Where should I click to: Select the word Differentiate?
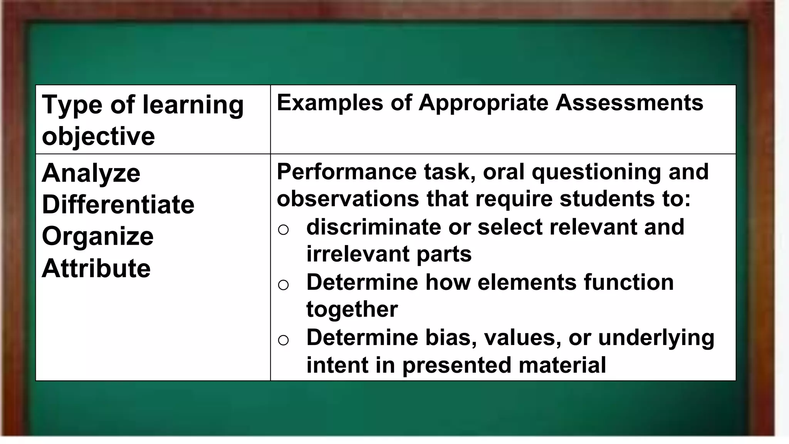click(x=118, y=204)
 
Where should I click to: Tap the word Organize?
click(x=97, y=236)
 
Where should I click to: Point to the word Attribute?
click(x=96, y=268)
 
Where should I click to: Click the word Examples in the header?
click(x=330, y=103)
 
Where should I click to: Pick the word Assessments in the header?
click(x=629, y=103)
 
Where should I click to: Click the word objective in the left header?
click(x=98, y=136)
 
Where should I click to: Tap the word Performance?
click(x=346, y=172)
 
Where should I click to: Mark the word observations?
click(x=347, y=199)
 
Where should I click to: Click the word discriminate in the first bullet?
click(x=373, y=227)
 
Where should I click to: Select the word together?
click(x=352, y=309)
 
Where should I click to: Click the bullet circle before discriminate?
click(x=283, y=230)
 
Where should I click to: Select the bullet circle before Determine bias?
click(x=283, y=340)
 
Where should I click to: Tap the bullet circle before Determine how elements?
click(x=283, y=285)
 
